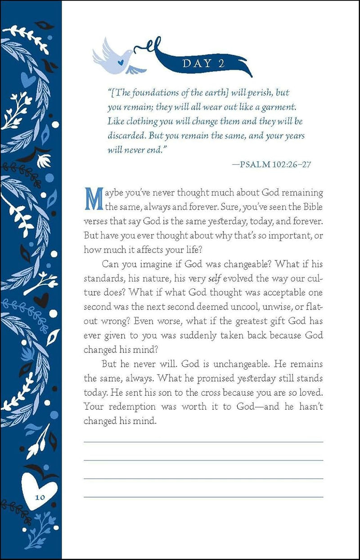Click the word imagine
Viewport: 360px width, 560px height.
(x=152, y=264)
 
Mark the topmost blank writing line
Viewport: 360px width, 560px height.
(x=203, y=442)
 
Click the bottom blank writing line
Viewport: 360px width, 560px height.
(x=203, y=497)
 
